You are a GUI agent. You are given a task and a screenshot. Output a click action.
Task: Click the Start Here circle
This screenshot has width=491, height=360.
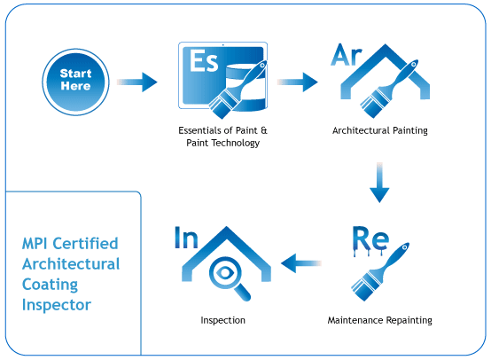tap(76, 82)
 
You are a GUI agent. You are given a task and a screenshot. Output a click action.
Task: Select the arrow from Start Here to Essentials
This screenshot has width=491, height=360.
tap(137, 82)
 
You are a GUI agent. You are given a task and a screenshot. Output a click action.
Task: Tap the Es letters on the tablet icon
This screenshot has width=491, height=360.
tap(204, 61)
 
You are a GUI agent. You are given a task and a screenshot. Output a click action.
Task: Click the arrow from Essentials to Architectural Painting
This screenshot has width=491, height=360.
tap(298, 82)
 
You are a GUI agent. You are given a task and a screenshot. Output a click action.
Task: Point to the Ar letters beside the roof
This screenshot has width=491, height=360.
tap(347, 55)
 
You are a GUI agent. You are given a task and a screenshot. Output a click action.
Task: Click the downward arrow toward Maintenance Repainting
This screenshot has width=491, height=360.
tap(379, 183)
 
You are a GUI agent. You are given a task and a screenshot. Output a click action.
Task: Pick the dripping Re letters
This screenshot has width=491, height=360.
tap(370, 240)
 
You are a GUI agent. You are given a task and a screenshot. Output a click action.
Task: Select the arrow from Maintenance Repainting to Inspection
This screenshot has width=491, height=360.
tap(301, 262)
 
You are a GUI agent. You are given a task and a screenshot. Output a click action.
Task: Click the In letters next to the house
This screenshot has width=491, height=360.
tap(186, 238)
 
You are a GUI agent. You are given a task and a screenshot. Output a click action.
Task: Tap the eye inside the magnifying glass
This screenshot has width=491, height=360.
tap(225, 272)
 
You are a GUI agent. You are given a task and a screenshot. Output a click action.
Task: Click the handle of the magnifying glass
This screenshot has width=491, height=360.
tap(242, 293)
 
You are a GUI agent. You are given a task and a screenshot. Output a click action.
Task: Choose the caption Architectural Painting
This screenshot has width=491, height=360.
tap(380, 130)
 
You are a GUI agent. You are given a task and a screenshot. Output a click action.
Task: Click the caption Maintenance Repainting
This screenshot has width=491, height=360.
tap(380, 320)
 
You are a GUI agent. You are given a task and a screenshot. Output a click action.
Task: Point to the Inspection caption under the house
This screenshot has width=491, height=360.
tap(223, 320)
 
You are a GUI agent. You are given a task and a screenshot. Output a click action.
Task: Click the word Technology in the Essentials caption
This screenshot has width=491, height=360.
tap(236, 143)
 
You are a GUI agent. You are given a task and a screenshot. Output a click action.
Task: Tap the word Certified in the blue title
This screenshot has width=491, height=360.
tap(85, 244)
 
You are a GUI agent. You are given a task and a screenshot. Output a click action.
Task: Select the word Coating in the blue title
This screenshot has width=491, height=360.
tap(51, 285)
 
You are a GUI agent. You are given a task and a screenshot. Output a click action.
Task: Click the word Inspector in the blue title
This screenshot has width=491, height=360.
tap(57, 305)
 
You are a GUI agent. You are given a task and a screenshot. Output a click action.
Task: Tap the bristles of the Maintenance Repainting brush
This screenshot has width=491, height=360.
tap(365, 287)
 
